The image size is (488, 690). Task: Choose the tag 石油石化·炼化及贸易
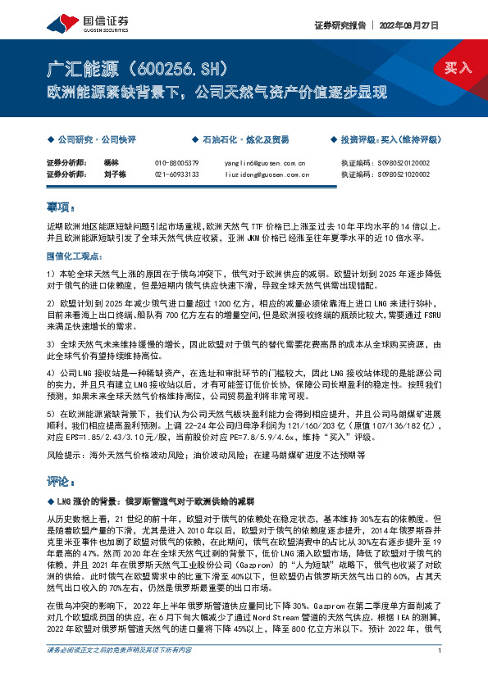pyautogui.click(x=235, y=140)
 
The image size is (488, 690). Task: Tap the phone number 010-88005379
pyautogui.click(x=176, y=163)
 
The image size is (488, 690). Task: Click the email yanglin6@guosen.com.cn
pyautogui.click(x=264, y=163)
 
